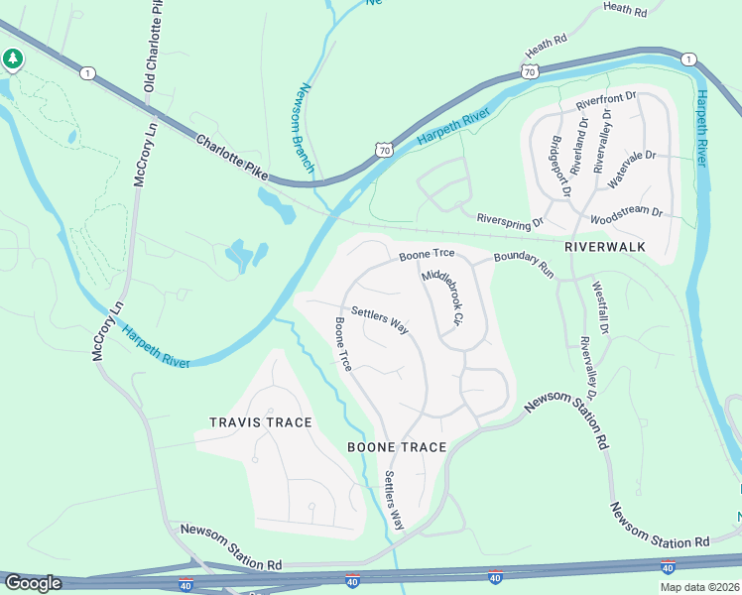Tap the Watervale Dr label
coord(632,170)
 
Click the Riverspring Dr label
coord(511,219)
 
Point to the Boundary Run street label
coord(524,263)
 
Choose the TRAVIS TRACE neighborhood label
coord(261,422)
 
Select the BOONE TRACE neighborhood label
coord(397,447)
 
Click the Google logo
coord(33,583)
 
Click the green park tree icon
coord(13,60)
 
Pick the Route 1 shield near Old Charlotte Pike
coord(88,73)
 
